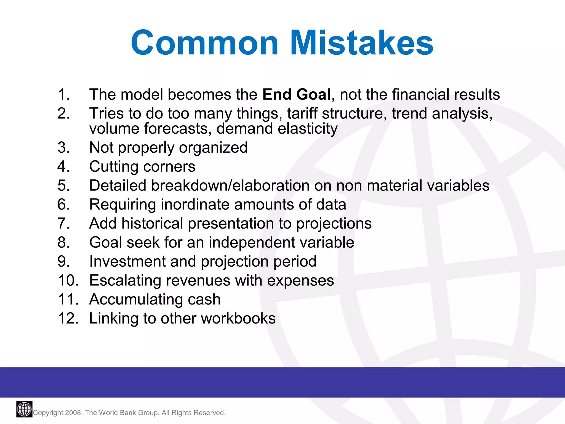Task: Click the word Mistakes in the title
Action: click(x=361, y=43)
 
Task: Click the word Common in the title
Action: click(x=204, y=43)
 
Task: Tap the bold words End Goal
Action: click(x=296, y=94)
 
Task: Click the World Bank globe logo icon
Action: click(x=24, y=409)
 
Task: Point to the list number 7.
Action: click(x=63, y=223)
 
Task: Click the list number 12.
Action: click(x=68, y=318)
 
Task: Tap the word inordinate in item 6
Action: click(x=195, y=205)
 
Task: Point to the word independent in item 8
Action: click(x=252, y=242)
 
